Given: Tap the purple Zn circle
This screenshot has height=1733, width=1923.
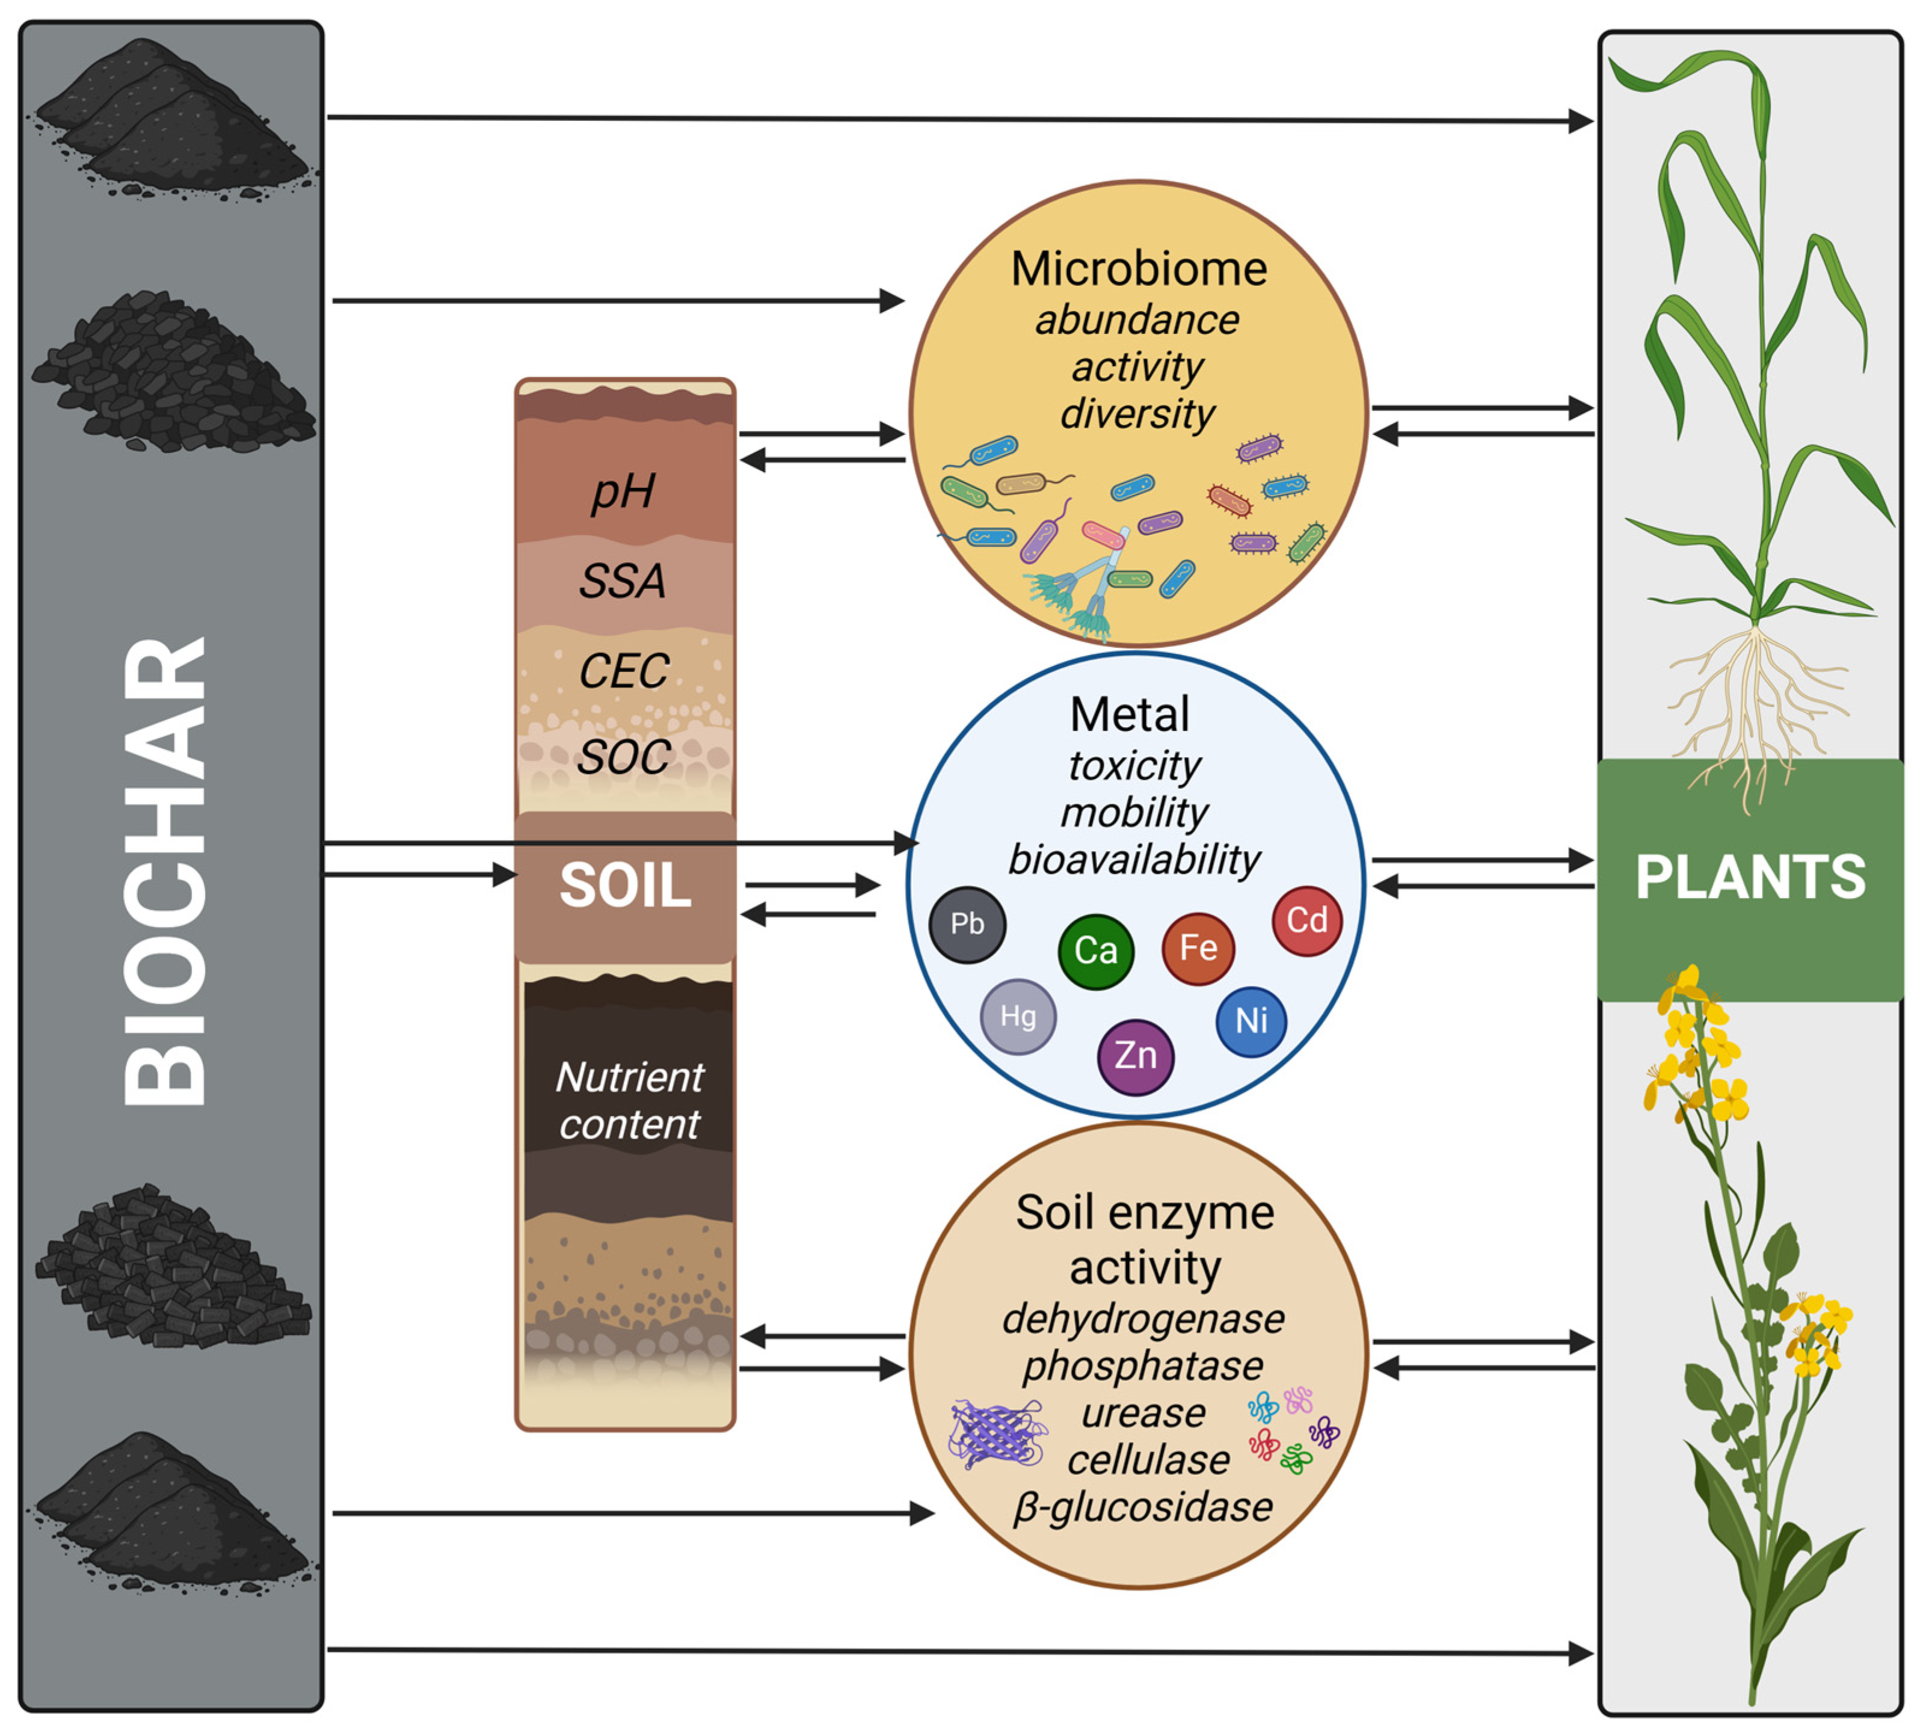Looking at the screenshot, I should pyautogui.click(x=1135, y=1056).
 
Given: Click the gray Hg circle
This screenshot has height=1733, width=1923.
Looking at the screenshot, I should pyautogui.click(x=1018, y=1017).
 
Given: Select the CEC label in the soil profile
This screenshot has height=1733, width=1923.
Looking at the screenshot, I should pyautogui.click(x=624, y=671).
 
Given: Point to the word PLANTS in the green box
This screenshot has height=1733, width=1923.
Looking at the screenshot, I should pyautogui.click(x=1750, y=877).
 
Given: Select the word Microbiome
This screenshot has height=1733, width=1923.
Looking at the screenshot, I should pyautogui.click(x=1139, y=269).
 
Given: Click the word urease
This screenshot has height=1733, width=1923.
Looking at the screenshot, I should pyautogui.click(x=1142, y=1413).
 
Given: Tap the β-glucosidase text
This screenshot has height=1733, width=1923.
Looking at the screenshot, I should pyautogui.click(x=1142, y=1507).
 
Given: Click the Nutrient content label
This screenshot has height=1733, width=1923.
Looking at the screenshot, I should pyautogui.click(x=629, y=1101).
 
